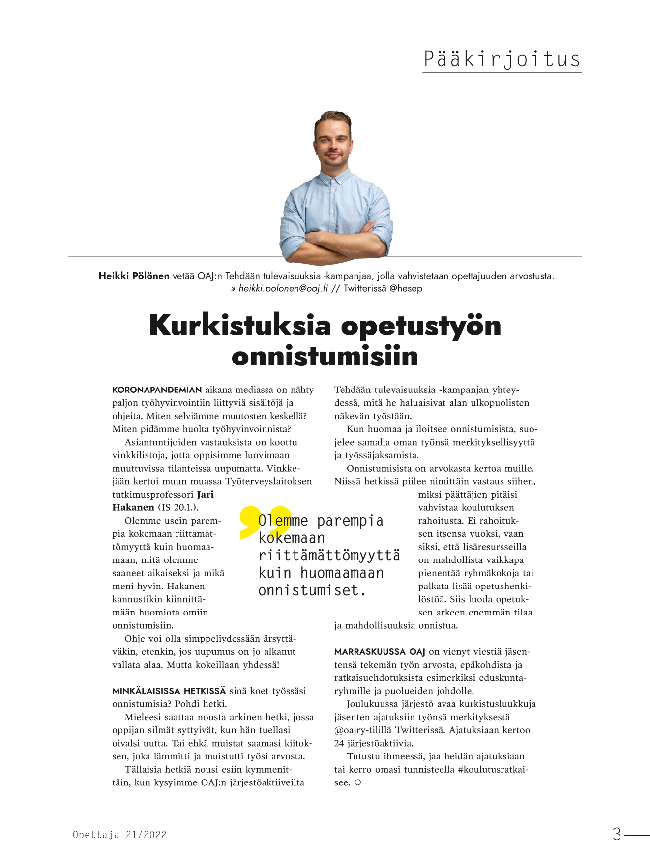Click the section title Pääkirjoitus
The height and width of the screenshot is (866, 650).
(502, 59)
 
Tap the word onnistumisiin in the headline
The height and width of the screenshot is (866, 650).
(325, 356)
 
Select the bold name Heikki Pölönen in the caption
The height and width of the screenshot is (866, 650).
(134, 276)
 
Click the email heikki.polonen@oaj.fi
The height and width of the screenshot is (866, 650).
(283, 289)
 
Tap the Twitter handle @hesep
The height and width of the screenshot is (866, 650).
(406, 289)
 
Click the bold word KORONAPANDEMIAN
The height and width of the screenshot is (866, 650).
(157, 390)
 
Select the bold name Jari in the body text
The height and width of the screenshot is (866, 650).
(206, 495)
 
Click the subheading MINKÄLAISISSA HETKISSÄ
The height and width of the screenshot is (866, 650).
(169, 691)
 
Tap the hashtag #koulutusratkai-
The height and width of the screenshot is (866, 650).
(493, 770)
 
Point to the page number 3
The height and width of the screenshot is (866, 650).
(617, 835)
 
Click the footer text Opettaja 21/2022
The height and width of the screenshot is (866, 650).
(119, 835)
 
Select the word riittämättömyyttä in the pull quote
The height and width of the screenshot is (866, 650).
(329, 556)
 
